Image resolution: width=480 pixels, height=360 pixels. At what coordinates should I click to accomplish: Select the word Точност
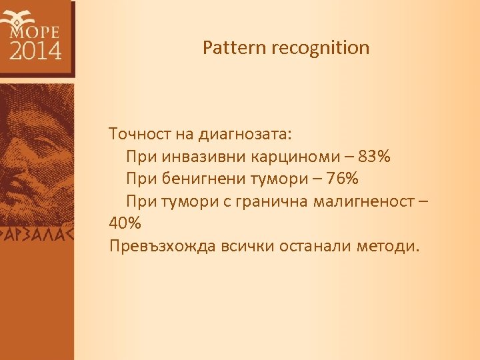point(141,134)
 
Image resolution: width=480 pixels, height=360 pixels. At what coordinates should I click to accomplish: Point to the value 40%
point(125,223)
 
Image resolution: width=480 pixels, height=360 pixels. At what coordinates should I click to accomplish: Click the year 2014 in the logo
point(35,50)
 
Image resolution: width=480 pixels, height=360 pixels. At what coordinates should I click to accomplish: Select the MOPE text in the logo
point(35,31)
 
